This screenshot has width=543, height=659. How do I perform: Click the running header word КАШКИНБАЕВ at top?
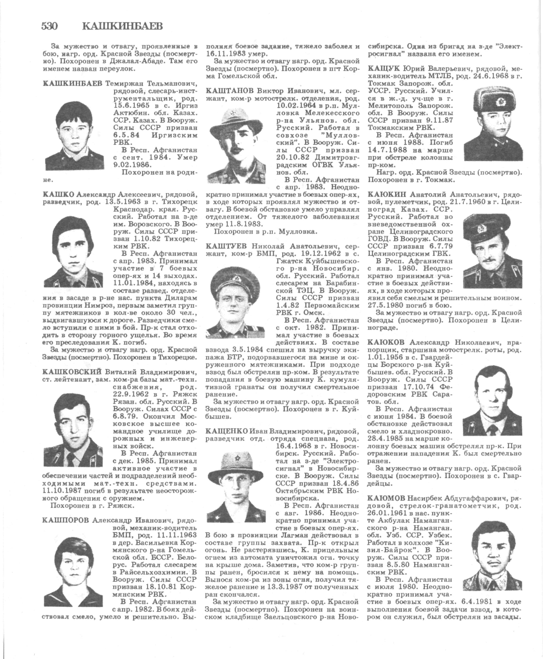point(123,26)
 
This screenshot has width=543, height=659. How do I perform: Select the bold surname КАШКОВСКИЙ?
point(72,372)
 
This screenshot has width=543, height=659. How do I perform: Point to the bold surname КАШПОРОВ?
point(65,520)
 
